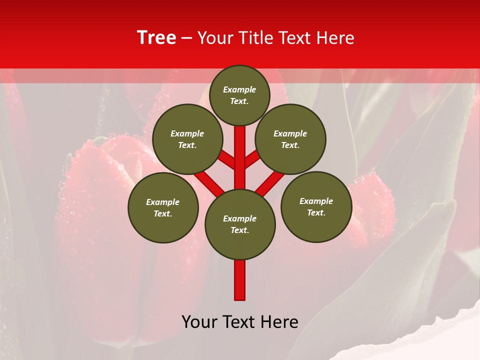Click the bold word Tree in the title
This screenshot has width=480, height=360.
click(x=156, y=37)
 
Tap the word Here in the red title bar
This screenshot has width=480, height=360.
click(x=335, y=38)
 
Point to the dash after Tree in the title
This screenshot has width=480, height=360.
click(x=186, y=38)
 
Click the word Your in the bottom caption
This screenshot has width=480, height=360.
click(x=199, y=322)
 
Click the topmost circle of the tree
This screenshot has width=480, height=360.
click(x=239, y=95)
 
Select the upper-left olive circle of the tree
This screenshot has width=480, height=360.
click(x=187, y=139)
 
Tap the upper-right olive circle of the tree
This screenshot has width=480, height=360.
click(x=290, y=139)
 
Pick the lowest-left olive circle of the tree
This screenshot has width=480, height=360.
click(x=163, y=207)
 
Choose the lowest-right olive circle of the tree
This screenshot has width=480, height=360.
click(x=316, y=206)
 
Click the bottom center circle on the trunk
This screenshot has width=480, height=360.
click(x=239, y=224)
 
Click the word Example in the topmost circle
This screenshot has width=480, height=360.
click(x=239, y=89)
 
